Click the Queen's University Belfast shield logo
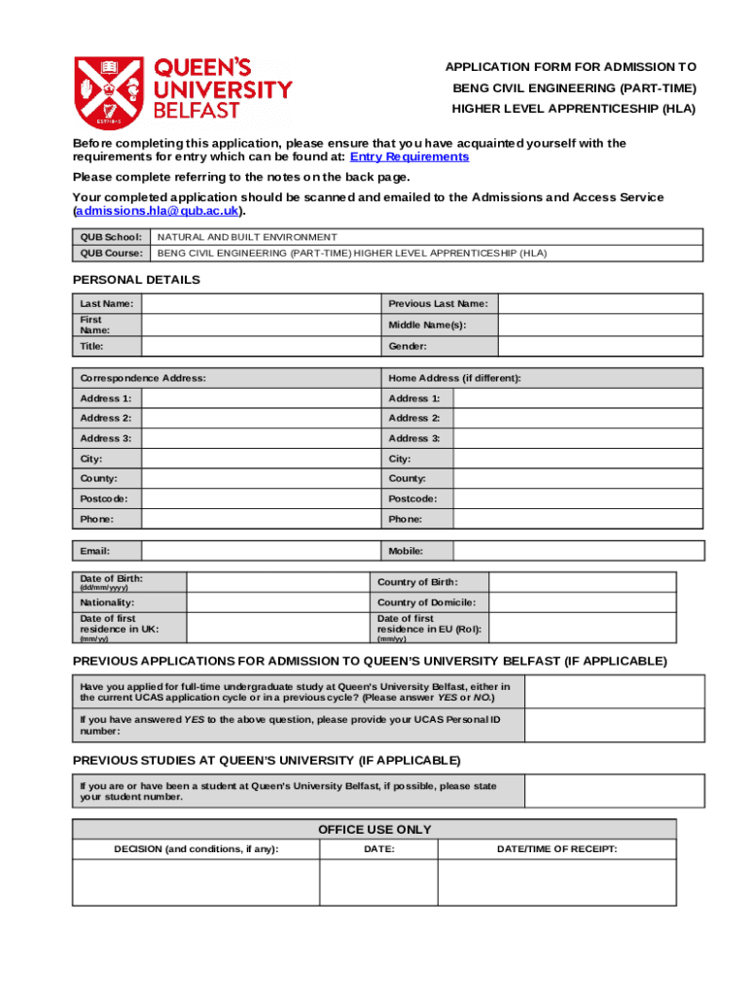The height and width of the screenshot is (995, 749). pos(110,91)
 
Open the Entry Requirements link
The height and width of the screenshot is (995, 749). pos(410,156)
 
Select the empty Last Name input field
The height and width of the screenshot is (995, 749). pos(260,304)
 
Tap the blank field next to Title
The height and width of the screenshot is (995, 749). pos(260,346)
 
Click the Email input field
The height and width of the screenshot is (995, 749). pos(260,551)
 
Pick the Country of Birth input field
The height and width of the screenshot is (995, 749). pos(595,581)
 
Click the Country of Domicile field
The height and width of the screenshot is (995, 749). pos(595,602)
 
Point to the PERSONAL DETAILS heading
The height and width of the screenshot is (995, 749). pos(136,280)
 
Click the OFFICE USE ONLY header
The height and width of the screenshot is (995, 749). pos(374,829)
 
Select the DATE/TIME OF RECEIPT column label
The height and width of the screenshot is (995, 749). pos(556,849)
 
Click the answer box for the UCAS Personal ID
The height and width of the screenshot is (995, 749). pos(614,725)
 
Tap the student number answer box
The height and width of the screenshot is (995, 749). pos(614,791)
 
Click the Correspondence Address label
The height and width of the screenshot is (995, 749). pos(142,378)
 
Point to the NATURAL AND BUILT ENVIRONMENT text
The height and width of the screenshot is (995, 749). pos(247,237)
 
